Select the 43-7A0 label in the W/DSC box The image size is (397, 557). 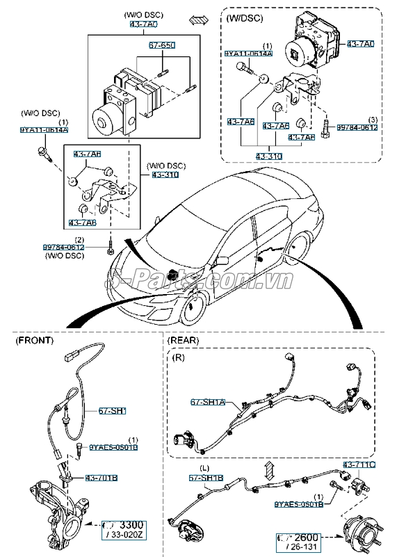coord(361,44)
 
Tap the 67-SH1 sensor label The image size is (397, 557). coord(111,412)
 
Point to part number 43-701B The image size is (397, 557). coord(102,478)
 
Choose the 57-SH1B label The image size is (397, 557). coord(206,478)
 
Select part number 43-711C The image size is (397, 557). coord(358,464)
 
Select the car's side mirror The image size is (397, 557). coord(222,260)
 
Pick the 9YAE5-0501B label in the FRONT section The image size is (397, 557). coord(113,447)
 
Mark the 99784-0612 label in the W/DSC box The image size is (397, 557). coord(357,127)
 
